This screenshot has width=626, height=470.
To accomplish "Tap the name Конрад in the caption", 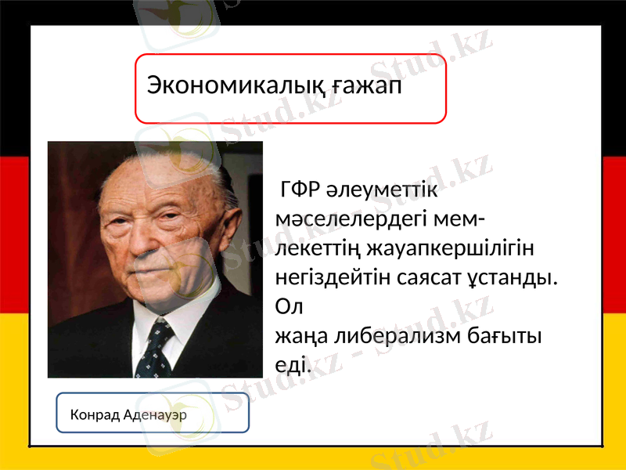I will tap(94, 414).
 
